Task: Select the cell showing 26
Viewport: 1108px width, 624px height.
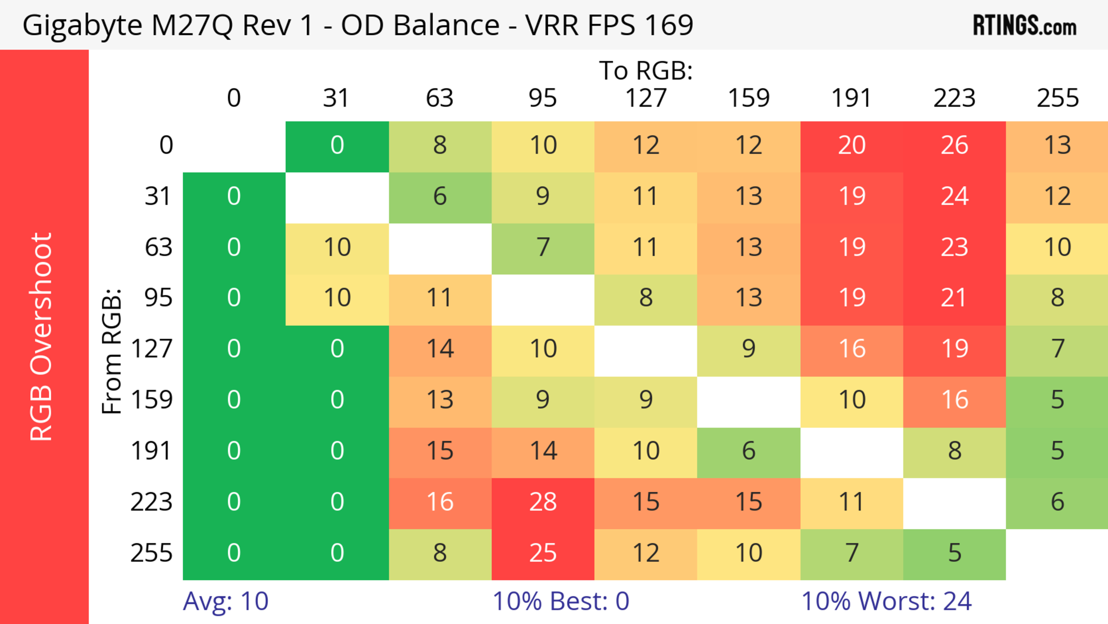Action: click(x=954, y=146)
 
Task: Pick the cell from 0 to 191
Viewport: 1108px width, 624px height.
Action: click(x=852, y=146)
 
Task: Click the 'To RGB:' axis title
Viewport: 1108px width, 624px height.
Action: click(x=646, y=70)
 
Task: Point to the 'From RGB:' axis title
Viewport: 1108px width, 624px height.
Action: click(x=112, y=351)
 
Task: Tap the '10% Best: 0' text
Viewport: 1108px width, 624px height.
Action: click(x=560, y=601)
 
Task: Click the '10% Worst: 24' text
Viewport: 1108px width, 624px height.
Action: click(x=886, y=601)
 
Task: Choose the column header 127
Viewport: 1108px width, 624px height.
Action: click(x=646, y=98)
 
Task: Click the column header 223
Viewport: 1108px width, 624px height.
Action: click(x=954, y=98)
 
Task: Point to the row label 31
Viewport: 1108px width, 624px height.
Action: click(x=158, y=197)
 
